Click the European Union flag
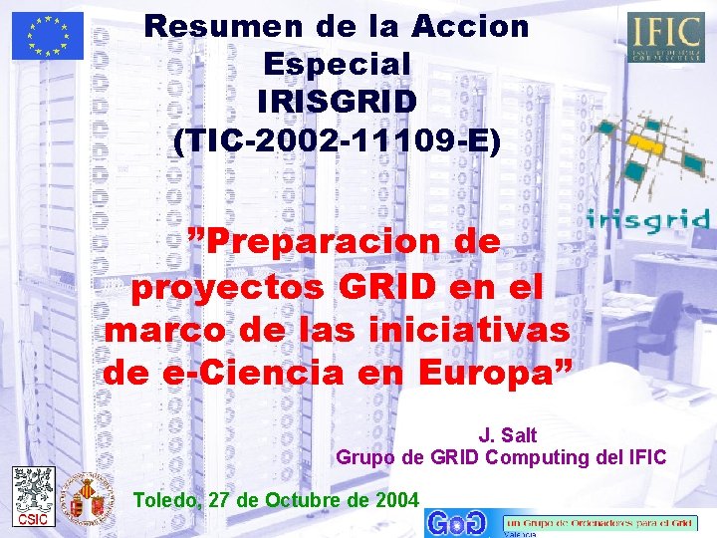[48, 36]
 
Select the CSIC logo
[33, 495]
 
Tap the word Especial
[337, 64]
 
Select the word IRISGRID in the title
[337, 102]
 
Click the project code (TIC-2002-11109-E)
[337, 139]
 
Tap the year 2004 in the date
[397, 500]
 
